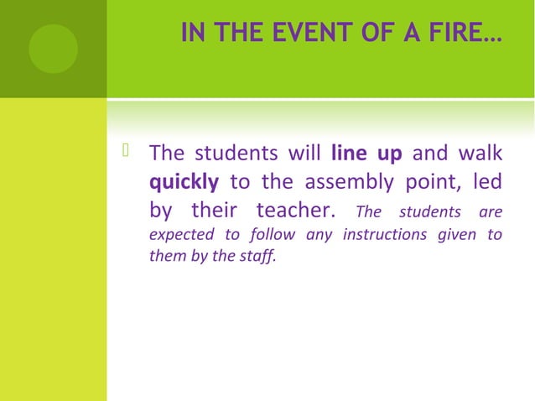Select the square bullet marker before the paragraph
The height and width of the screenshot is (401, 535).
pyautogui.click(x=127, y=152)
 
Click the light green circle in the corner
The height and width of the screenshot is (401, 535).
pyautogui.click(x=53, y=48)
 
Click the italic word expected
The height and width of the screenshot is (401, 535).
pyautogui.click(x=178, y=235)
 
